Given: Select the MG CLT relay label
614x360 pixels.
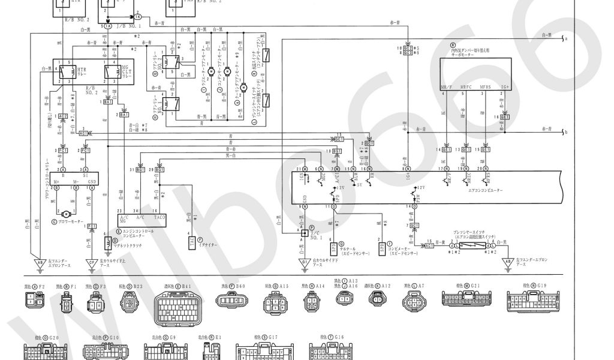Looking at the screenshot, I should pyautogui.click(x=125, y=70).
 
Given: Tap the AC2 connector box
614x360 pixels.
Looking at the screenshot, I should pyautogui.click(x=62, y=116).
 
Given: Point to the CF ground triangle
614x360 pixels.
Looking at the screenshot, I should pyautogui.click(x=92, y=262).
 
